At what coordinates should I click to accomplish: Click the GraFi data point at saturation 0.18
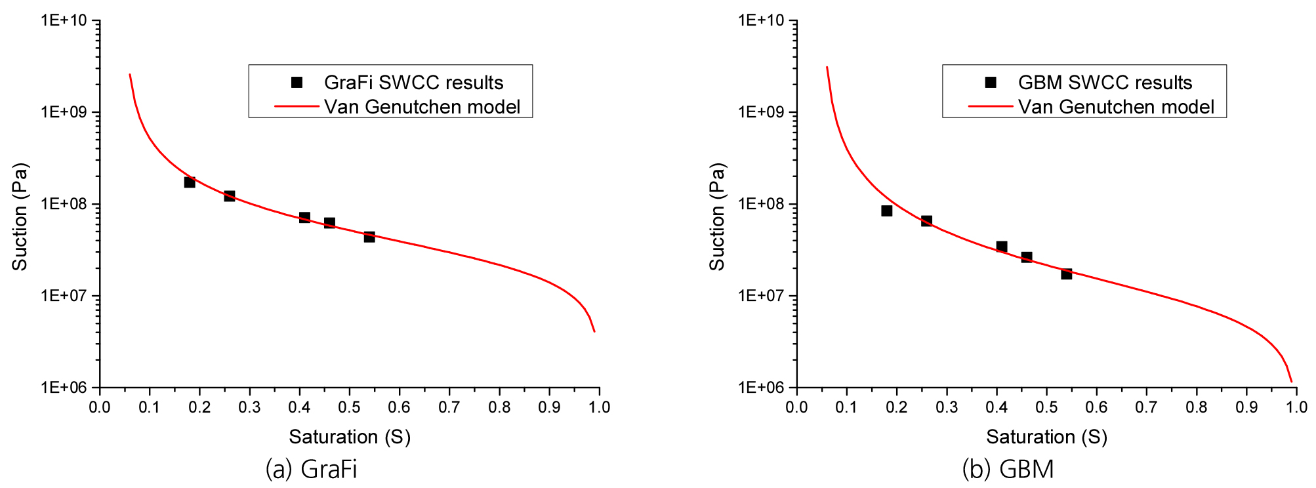pyautogui.click(x=190, y=182)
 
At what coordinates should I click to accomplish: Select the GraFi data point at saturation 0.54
pyautogui.click(x=369, y=237)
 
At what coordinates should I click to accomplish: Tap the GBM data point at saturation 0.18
pyautogui.click(x=887, y=211)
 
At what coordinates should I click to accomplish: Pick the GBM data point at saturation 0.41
pyautogui.click(x=1002, y=247)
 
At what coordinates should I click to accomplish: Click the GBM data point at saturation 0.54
pyautogui.click(x=1067, y=274)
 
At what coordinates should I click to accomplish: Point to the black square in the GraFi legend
pyautogui.click(x=297, y=83)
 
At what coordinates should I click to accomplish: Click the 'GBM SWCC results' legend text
pyautogui.click(x=1105, y=83)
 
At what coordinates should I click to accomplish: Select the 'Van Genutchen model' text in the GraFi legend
pyautogui.click(x=422, y=107)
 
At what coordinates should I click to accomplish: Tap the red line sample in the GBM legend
pyautogui.click(x=991, y=106)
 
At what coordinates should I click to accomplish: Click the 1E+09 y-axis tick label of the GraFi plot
pyautogui.click(x=64, y=112)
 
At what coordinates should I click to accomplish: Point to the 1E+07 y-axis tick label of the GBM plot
pyautogui.click(x=761, y=296)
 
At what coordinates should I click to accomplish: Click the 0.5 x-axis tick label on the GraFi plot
pyautogui.click(x=349, y=407)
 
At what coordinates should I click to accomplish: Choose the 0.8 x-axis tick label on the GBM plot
pyautogui.click(x=1196, y=407)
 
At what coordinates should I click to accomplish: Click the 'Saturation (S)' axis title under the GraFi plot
pyautogui.click(x=350, y=437)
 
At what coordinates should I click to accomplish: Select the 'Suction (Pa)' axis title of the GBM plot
pyautogui.click(x=717, y=216)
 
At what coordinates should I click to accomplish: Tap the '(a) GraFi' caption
pyautogui.click(x=312, y=469)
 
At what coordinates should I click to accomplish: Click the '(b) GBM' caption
pyautogui.click(x=1008, y=469)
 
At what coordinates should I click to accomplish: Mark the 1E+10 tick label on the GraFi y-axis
pyautogui.click(x=64, y=20)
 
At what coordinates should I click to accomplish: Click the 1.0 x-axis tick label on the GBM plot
pyautogui.click(x=1296, y=407)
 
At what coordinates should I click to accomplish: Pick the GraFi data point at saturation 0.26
pyautogui.click(x=230, y=196)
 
